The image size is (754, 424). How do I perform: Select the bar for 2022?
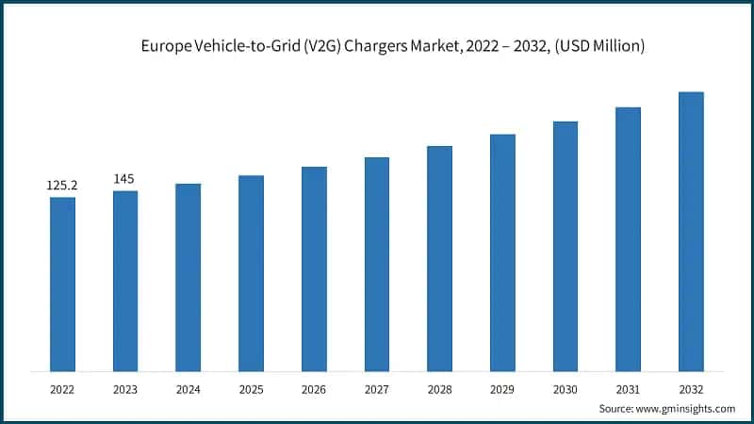[62, 283]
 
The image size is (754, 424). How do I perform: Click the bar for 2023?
[125, 280]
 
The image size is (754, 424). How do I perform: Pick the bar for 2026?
[314, 268]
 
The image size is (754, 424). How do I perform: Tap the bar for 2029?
[502, 252]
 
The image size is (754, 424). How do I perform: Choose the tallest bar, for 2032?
[691, 230]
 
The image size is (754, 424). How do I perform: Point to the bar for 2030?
[565, 245]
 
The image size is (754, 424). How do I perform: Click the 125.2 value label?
[62, 186]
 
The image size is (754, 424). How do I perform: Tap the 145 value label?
[125, 179]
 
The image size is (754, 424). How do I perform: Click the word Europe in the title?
[164, 45]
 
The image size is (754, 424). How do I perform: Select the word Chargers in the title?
[361, 45]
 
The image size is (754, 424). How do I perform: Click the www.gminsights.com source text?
[684, 408]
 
